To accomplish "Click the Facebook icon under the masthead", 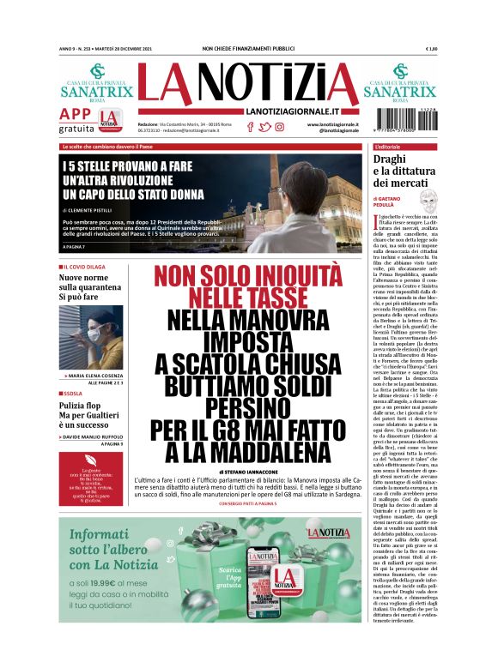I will (x=250, y=126).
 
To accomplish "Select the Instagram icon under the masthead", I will (x=279, y=126).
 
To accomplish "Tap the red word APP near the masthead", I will (x=76, y=114).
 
